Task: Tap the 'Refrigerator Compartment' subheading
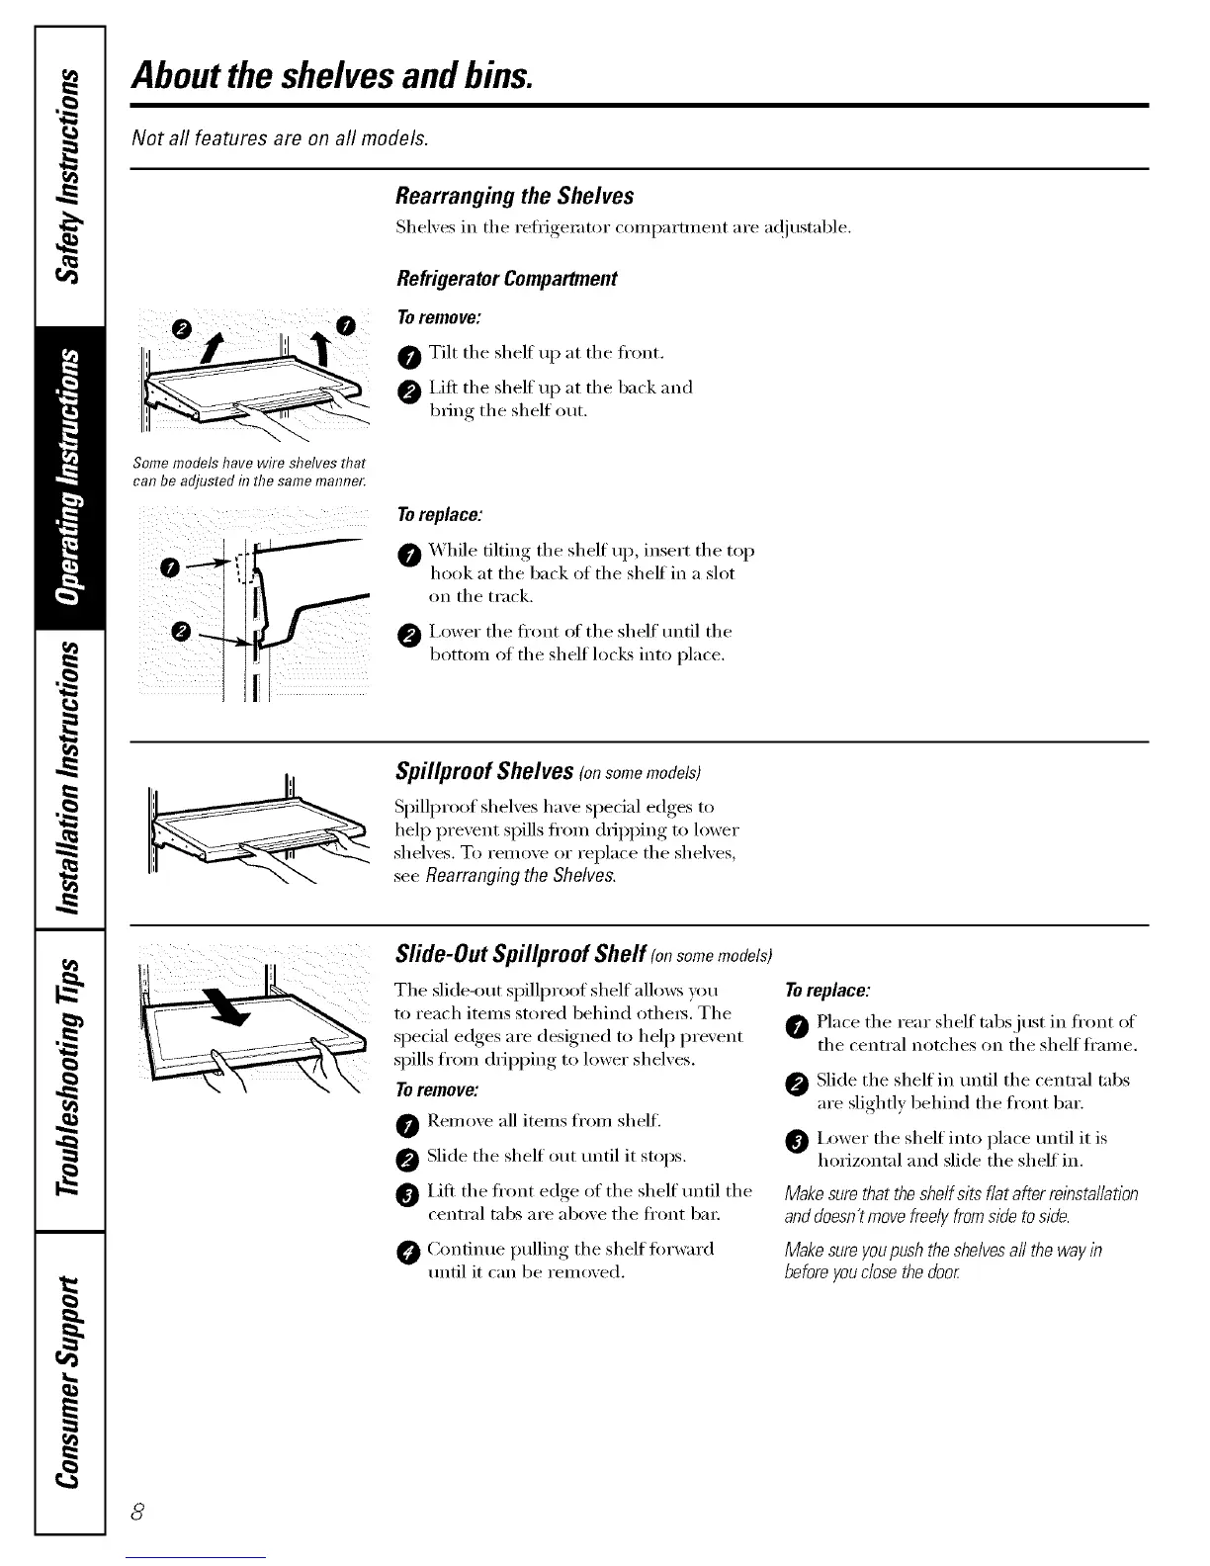(505, 279)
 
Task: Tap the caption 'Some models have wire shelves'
(248, 470)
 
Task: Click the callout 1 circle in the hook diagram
(170, 566)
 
